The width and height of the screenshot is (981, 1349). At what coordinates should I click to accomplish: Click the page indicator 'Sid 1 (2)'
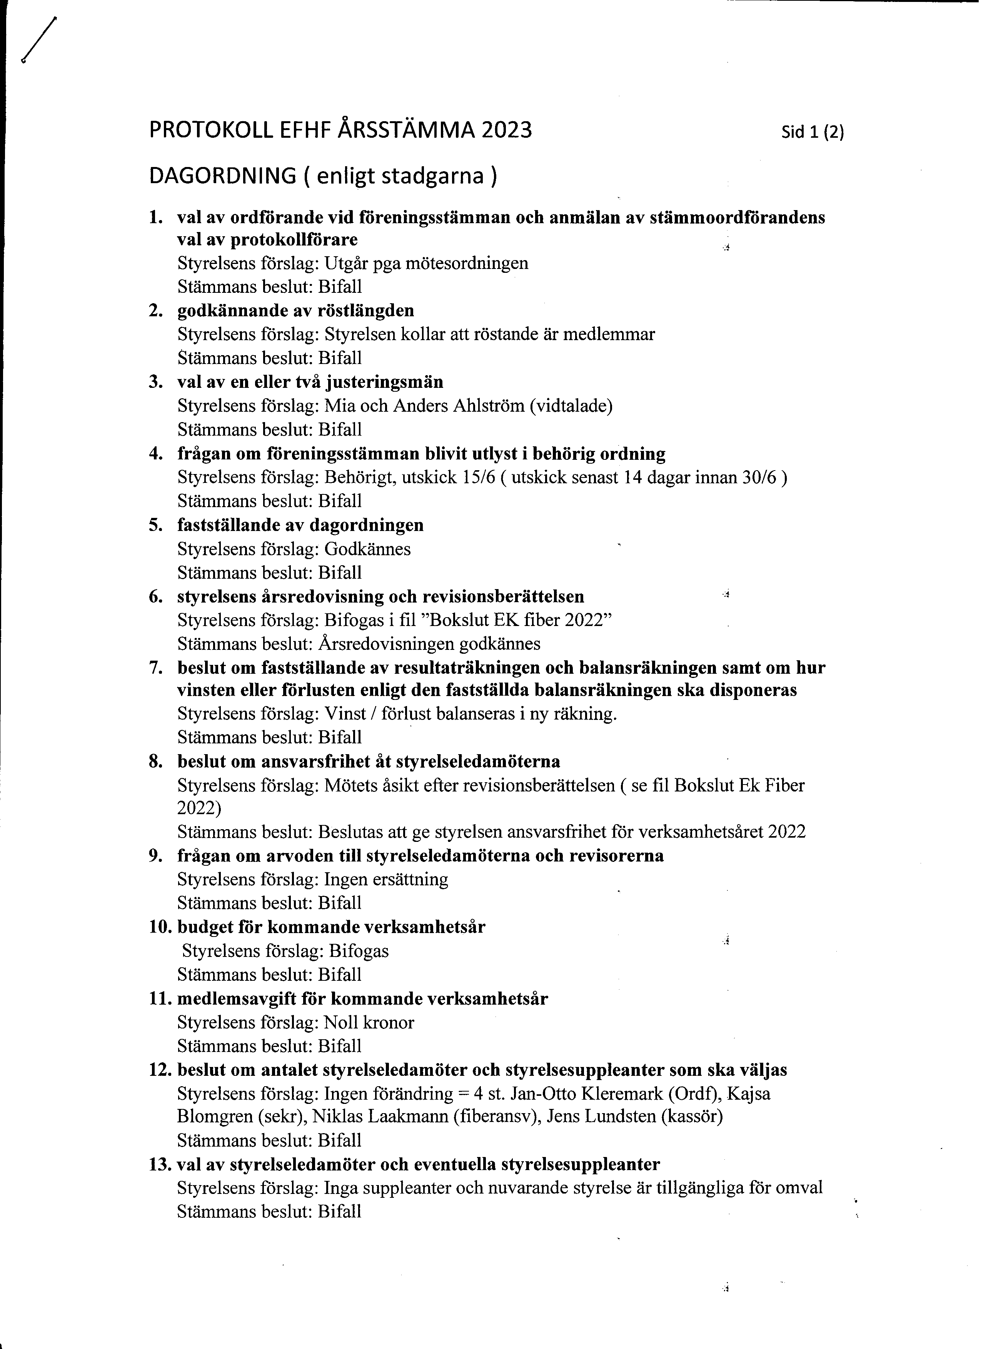pyautogui.click(x=813, y=132)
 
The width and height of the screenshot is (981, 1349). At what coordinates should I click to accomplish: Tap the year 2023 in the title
pyautogui.click(x=507, y=130)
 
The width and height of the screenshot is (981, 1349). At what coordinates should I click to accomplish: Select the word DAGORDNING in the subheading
pyautogui.click(x=222, y=176)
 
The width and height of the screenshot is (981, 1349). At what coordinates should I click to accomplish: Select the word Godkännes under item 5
pyautogui.click(x=367, y=549)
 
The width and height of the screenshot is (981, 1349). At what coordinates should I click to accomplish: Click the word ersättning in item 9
pyautogui.click(x=413, y=880)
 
